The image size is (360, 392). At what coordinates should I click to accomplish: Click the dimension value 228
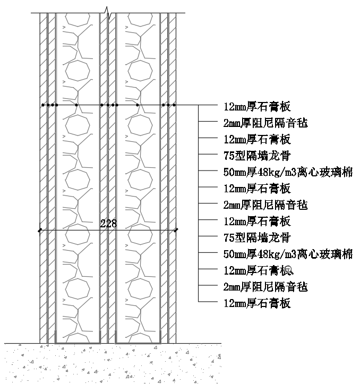click(x=108, y=223)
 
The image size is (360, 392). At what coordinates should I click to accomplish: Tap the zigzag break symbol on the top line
click(x=108, y=13)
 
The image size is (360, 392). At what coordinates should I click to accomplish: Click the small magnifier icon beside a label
click(x=289, y=270)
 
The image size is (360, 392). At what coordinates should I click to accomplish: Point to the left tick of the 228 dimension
click(x=40, y=230)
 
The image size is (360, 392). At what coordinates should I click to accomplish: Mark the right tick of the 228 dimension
click(x=176, y=230)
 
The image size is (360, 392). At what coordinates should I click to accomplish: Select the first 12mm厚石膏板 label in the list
click(x=257, y=107)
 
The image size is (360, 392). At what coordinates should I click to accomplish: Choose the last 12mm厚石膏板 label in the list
click(x=257, y=303)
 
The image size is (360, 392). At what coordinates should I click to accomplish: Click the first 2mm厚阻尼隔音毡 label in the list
click(x=265, y=123)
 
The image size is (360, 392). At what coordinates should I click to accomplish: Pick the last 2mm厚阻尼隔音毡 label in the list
click(x=265, y=287)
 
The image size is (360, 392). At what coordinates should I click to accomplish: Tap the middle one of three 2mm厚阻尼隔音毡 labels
click(x=265, y=205)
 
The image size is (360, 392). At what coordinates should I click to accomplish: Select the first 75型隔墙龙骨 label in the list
click(x=257, y=156)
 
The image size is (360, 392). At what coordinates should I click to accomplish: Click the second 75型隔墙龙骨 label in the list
click(x=257, y=238)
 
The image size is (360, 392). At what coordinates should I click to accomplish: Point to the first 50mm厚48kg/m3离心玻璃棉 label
click(x=288, y=172)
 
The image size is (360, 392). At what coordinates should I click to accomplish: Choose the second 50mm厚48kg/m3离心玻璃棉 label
click(x=288, y=254)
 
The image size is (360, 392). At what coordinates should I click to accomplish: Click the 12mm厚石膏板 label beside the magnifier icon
click(x=255, y=270)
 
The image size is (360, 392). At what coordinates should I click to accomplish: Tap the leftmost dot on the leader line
click(x=43, y=105)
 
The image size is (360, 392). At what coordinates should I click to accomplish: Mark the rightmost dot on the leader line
click(x=174, y=105)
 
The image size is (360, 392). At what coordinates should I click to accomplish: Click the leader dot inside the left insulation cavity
click(x=76, y=105)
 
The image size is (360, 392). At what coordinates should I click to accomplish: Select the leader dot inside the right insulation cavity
click(x=138, y=105)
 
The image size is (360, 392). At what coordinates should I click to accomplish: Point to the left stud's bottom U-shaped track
click(x=78, y=343)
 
